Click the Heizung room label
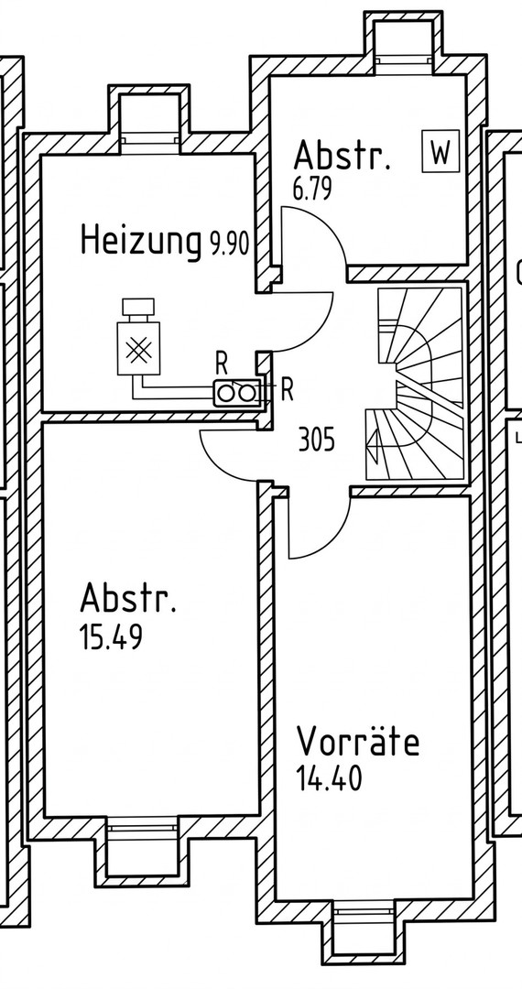139,241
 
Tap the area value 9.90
228,245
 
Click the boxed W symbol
440,152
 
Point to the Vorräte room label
358,741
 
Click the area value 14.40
329,779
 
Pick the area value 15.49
111,637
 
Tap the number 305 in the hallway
317,440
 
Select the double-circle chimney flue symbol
236,392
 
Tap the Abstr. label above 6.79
342,156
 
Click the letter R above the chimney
222,360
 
